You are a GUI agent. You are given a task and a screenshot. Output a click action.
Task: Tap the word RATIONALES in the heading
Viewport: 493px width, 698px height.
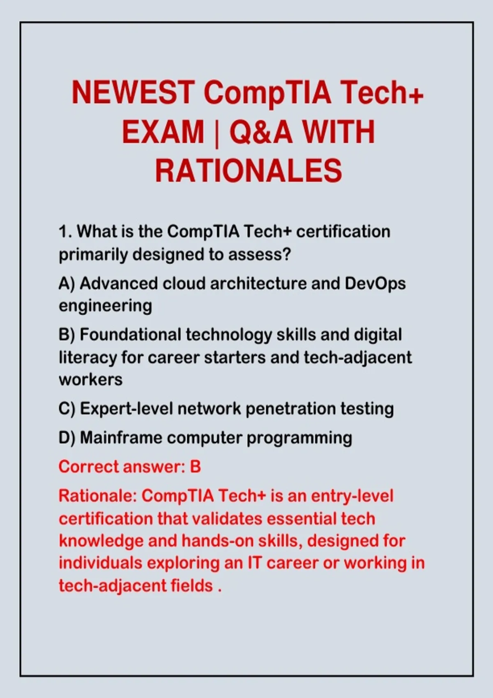pyautogui.click(x=249, y=170)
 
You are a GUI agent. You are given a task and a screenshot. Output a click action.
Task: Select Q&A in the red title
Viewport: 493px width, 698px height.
pyautogui.click(x=261, y=132)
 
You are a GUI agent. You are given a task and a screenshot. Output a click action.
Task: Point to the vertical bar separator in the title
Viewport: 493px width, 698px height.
pyautogui.click(x=217, y=133)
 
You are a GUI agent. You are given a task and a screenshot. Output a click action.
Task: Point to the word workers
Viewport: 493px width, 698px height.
pyautogui.click(x=91, y=379)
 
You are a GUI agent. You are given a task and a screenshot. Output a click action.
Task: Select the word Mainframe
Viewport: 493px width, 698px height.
pyautogui.click(x=122, y=438)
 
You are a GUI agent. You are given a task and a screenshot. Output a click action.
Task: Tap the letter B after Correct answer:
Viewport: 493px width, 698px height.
pyautogui.click(x=196, y=467)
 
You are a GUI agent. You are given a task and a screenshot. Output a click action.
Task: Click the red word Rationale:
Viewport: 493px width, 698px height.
pyautogui.click(x=98, y=496)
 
